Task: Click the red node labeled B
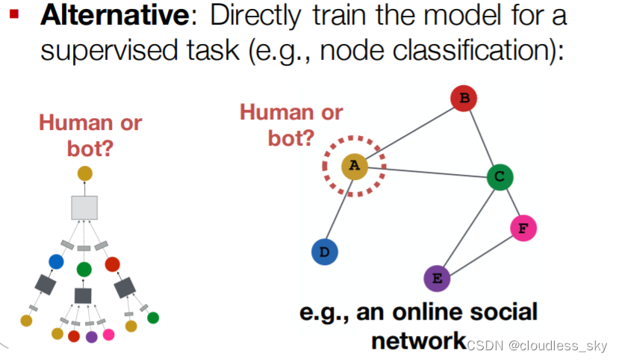click(x=464, y=98)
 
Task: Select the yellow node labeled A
click(x=354, y=166)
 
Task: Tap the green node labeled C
click(x=500, y=177)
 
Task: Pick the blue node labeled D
click(x=324, y=252)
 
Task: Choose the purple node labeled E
click(x=437, y=279)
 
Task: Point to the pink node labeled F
click(x=523, y=228)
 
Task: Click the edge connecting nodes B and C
click(x=482, y=137)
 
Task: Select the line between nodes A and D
click(x=339, y=209)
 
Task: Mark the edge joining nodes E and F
click(x=479, y=254)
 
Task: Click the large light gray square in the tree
click(x=84, y=207)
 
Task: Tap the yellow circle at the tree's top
click(x=84, y=173)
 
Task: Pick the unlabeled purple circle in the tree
click(x=92, y=337)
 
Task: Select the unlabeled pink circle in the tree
click(x=109, y=335)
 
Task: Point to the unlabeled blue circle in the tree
click(x=56, y=261)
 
